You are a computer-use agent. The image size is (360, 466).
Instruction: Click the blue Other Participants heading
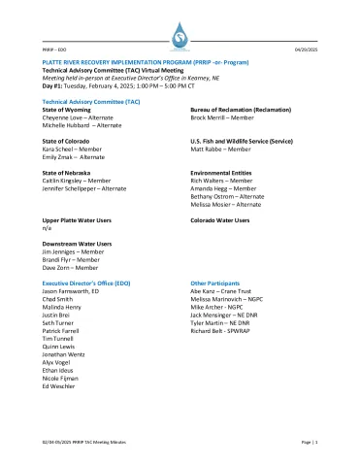point(219,282)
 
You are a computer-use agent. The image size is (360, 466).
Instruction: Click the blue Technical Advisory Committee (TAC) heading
point(91,101)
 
